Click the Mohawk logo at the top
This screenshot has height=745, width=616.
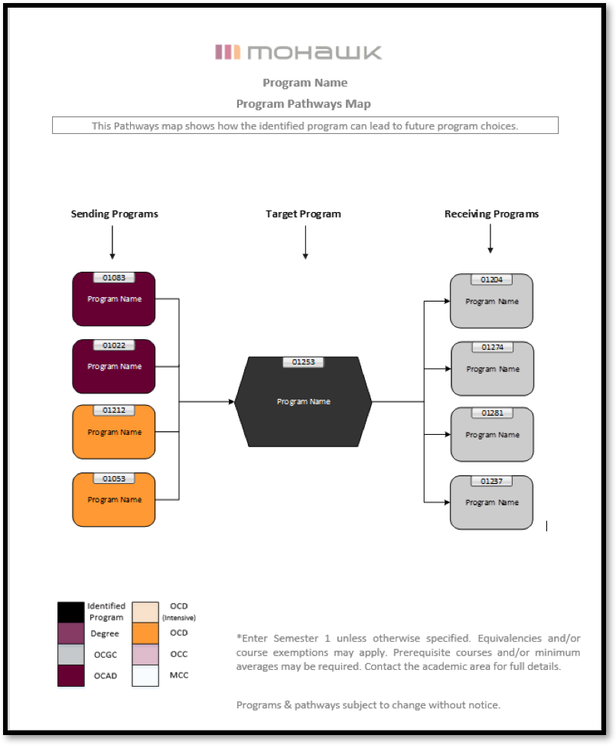click(x=298, y=52)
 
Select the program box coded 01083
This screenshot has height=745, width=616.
click(x=114, y=299)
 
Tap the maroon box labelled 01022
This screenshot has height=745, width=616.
click(x=114, y=366)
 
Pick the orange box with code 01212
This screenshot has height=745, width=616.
click(x=114, y=432)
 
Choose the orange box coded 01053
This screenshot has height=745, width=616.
click(x=114, y=499)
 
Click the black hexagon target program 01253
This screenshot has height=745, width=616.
click(x=303, y=401)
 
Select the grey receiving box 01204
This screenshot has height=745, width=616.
click(x=491, y=301)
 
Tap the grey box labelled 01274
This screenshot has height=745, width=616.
click(x=491, y=368)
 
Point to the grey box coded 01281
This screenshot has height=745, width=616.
click(x=491, y=434)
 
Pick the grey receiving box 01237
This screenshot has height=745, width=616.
click(x=491, y=502)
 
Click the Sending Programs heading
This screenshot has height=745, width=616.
click(x=115, y=214)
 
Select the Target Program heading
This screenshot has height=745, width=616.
click(x=303, y=214)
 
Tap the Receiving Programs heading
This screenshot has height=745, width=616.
click(x=491, y=214)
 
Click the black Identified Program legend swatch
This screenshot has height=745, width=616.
click(x=70, y=613)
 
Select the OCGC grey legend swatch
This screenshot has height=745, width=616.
click(x=70, y=655)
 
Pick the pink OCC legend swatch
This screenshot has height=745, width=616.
click(x=145, y=655)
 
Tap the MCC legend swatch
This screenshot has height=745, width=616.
click(x=145, y=675)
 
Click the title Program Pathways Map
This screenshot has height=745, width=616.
click(x=304, y=103)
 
